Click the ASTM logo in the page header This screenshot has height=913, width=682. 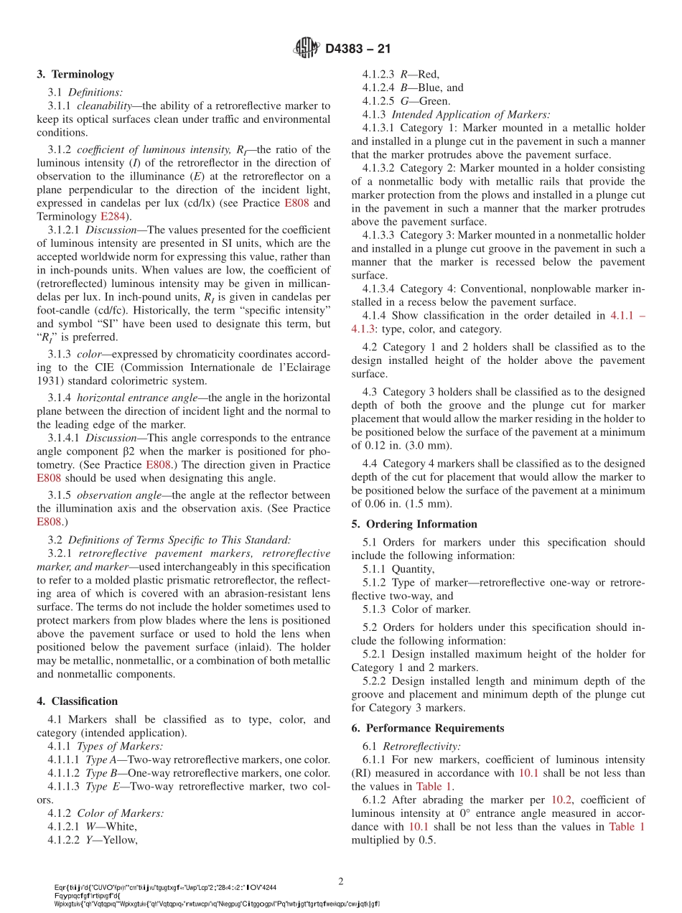click(307, 49)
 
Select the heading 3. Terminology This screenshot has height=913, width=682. click(75, 74)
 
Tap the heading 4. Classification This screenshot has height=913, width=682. click(77, 701)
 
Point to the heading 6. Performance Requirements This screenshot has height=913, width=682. click(428, 728)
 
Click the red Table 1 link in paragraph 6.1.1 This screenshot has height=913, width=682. click(433, 786)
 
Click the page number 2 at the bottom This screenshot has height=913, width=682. click(341, 880)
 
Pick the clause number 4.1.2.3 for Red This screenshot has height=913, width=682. click(378, 74)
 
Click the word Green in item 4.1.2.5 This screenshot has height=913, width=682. click(434, 101)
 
